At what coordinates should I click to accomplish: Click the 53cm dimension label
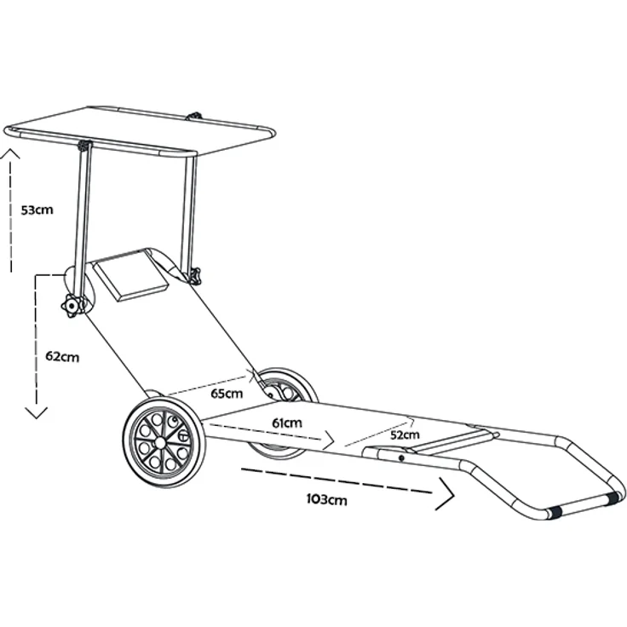point(37,210)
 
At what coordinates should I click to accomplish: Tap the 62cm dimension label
point(62,356)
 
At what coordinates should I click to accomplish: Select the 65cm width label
point(227,394)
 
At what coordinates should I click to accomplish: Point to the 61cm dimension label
point(287,423)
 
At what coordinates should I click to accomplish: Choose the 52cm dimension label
point(405,434)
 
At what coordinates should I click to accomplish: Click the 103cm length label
point(326,499)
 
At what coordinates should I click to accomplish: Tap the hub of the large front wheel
point(160,442)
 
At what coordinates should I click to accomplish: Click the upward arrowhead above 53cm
point(9,154)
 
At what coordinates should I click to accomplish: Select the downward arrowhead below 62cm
point(37,412)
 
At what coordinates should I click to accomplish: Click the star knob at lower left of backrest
point(72,307)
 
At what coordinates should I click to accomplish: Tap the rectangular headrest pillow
point(131,274)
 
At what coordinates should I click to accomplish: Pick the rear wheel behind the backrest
point(286,387)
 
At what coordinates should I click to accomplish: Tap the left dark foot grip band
point(554,512)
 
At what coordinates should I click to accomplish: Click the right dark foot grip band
point(613,498)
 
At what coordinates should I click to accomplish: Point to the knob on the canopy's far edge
point(195,117)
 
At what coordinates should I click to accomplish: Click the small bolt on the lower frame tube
point(401,458)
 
